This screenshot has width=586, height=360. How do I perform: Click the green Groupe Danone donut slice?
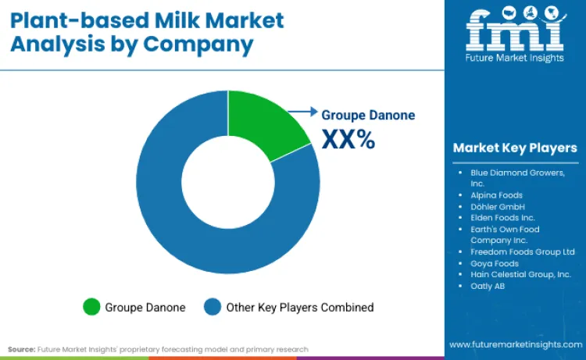265,129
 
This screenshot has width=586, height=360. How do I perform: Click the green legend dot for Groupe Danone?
92,307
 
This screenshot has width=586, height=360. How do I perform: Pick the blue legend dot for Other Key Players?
213,307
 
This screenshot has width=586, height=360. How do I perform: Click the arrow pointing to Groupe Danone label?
304,112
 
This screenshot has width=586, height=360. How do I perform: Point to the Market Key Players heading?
515,148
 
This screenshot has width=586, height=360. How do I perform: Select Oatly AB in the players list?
488,287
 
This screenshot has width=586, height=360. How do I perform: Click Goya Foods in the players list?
495,263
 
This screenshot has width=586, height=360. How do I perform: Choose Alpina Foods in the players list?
497,194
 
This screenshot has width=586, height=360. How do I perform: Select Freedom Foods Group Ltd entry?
523,251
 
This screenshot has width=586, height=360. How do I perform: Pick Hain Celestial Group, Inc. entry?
520,275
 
